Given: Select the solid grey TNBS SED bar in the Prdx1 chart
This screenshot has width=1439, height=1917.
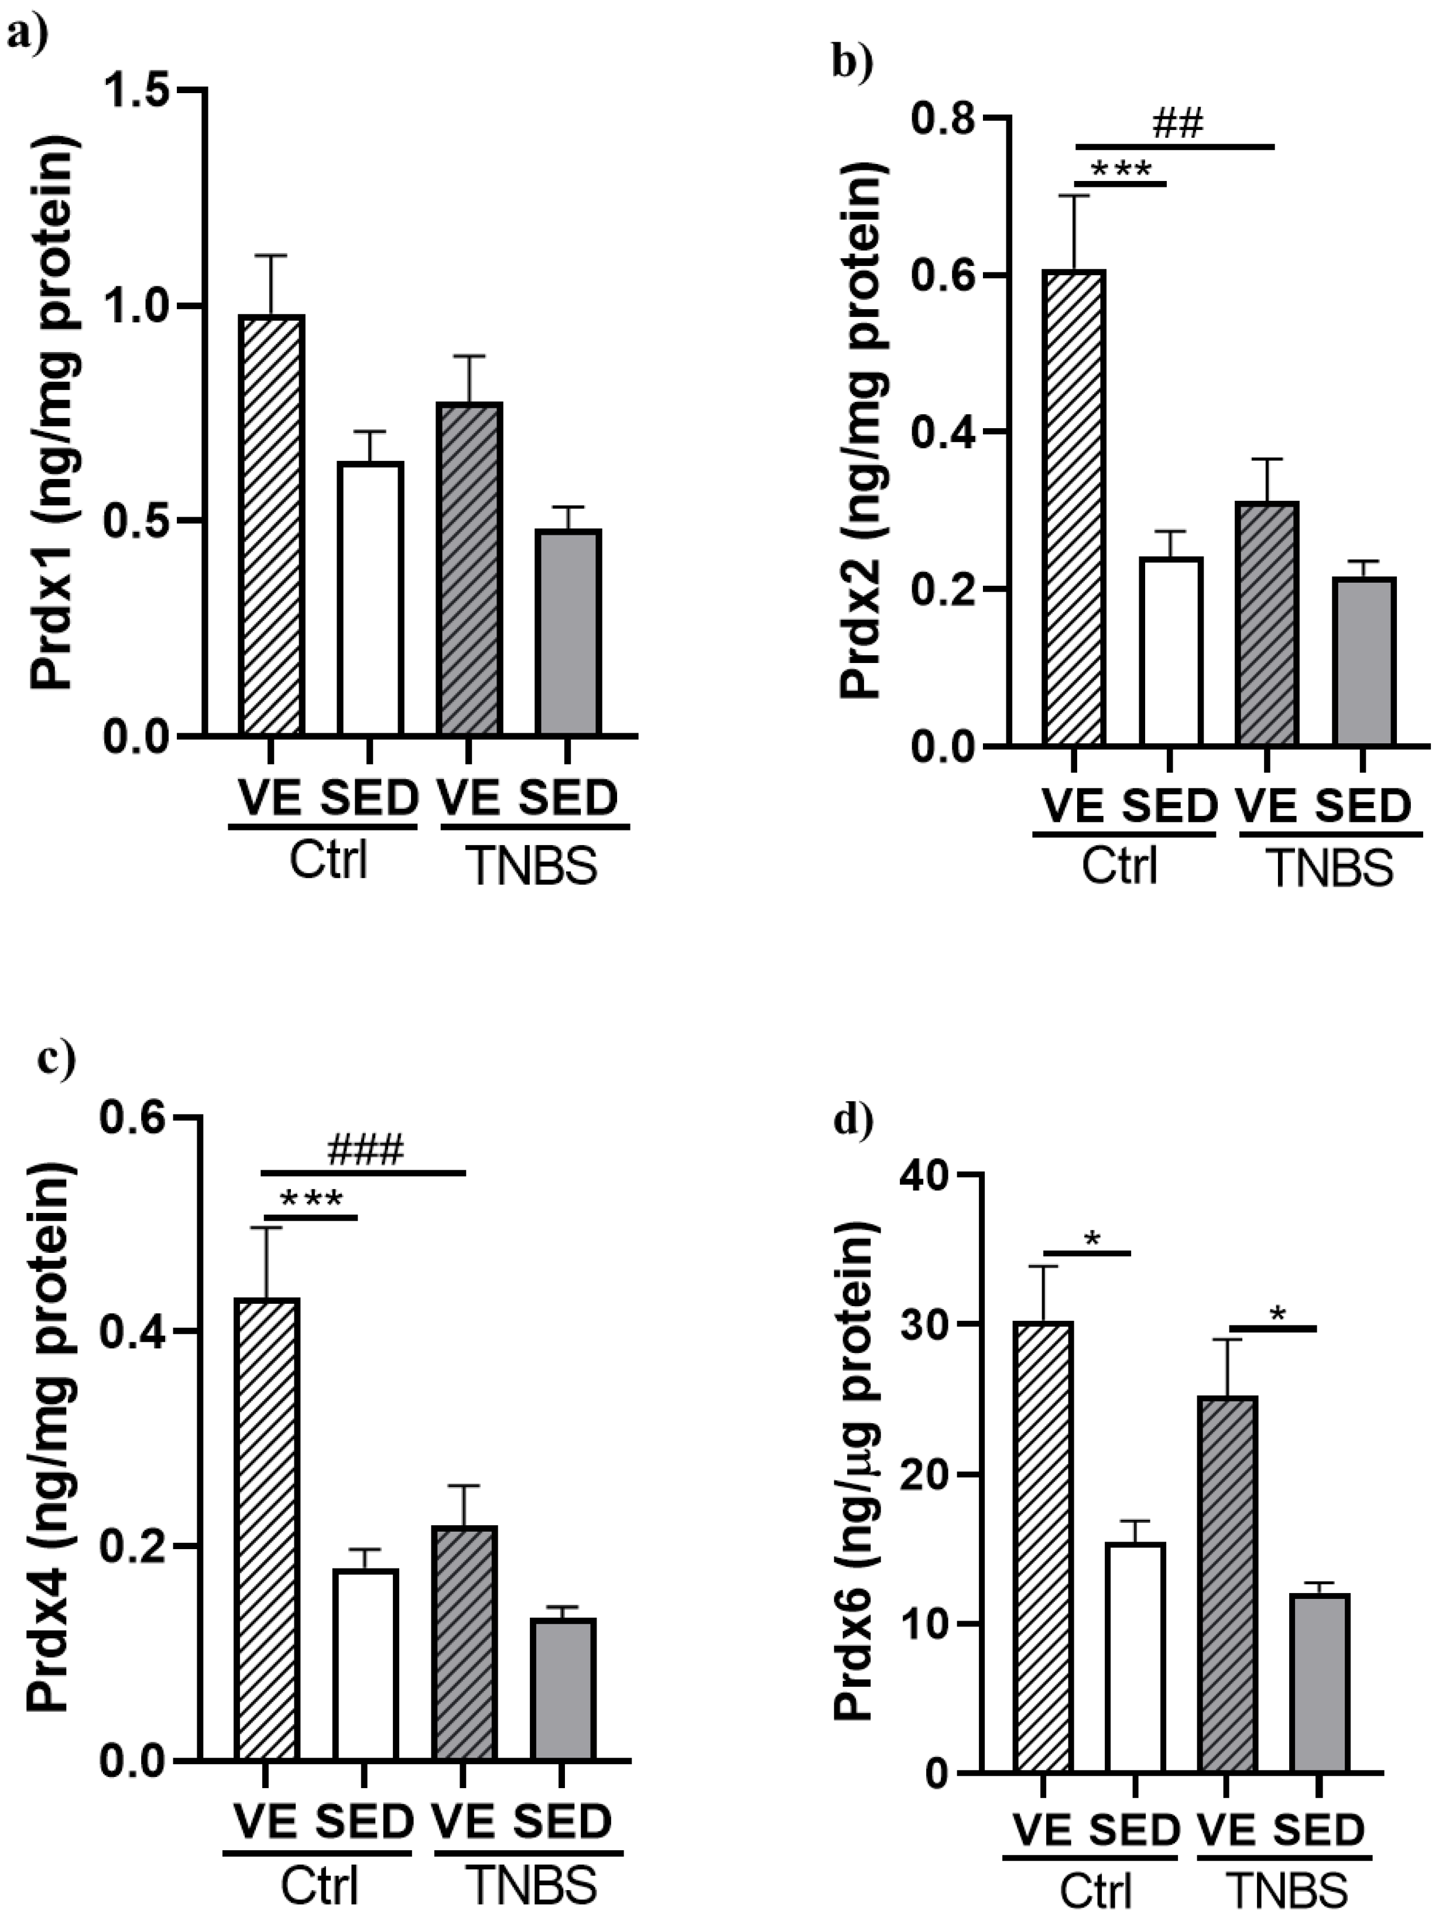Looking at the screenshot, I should pos(567,632).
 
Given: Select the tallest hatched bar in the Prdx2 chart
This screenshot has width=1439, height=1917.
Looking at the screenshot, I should pos(1074,508).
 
